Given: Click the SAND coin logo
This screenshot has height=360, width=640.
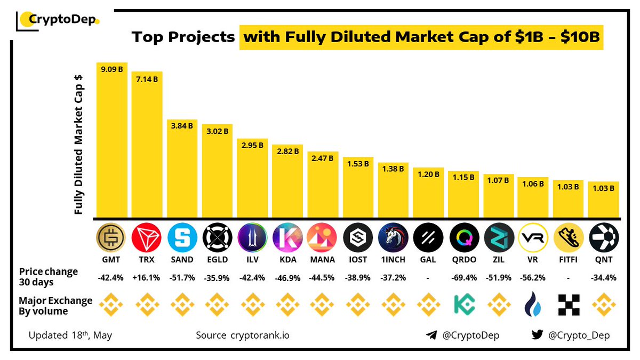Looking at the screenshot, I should [x=182, y=238].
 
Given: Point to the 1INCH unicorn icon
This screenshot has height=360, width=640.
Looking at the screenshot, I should [x=393, y=238].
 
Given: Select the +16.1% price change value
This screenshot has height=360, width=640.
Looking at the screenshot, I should [x=147, y=277].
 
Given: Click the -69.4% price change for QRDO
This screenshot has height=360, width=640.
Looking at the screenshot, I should [x=463, y=277].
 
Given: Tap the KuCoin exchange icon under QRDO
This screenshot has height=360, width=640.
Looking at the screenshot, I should [x=463, y=305].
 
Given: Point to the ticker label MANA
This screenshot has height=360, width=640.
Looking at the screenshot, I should [x=323, y=260].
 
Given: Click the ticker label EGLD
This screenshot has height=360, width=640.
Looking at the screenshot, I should [x=217, y=260].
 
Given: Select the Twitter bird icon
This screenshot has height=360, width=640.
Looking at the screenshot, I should [x=537, y=335].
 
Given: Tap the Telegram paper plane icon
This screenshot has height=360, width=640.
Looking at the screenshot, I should [x=431, y=335].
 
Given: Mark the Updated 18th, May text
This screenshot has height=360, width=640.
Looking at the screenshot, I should [x=70, y=335].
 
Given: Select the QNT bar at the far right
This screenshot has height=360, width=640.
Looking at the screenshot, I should [x=604, y=199].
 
